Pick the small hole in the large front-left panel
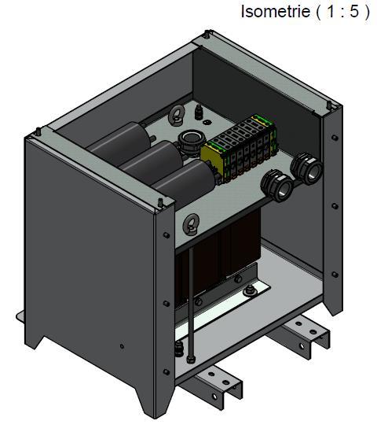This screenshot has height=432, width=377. (121, 345)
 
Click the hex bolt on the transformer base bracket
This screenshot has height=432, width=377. (249, 294)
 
